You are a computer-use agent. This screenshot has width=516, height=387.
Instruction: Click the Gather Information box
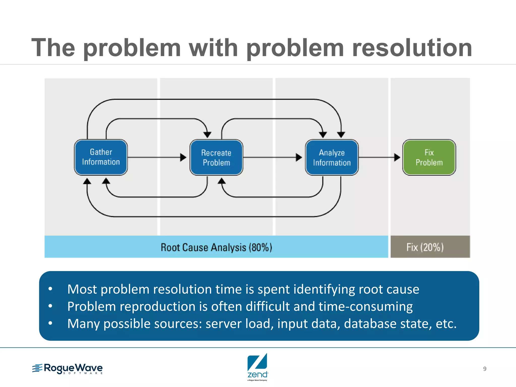[x=101, y=157]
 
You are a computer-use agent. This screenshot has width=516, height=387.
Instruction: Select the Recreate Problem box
[x=216, y=157]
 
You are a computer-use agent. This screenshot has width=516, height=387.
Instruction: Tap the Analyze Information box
[x=332, y=157]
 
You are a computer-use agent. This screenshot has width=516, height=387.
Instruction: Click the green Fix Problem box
[x=429, y=157]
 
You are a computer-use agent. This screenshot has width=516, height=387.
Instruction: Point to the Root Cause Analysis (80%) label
[x=216, y=247]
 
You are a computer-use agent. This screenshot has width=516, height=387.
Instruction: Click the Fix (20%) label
[x=425, y=247]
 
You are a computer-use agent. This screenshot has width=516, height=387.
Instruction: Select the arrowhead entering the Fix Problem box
[x=397, y=157]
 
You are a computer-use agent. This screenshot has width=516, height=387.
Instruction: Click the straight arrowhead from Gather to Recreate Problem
[x=183, y=157]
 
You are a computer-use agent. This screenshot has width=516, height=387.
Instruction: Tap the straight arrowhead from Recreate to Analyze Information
[x=299, y=157]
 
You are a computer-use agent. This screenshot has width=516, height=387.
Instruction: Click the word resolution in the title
[x=412, y=48]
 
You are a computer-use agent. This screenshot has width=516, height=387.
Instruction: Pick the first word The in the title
[x=53, y=48]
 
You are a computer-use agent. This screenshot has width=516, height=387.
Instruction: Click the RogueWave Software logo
[x=68, y=369]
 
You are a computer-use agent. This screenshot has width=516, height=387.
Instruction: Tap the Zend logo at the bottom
[x=257, y=367]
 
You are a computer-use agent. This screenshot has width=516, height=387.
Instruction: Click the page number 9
[x=485, y=369]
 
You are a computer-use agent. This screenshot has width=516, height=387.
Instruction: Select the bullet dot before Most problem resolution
[x=50, y=289]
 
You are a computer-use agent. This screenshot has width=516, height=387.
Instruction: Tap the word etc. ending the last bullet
[x=446, y=324]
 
